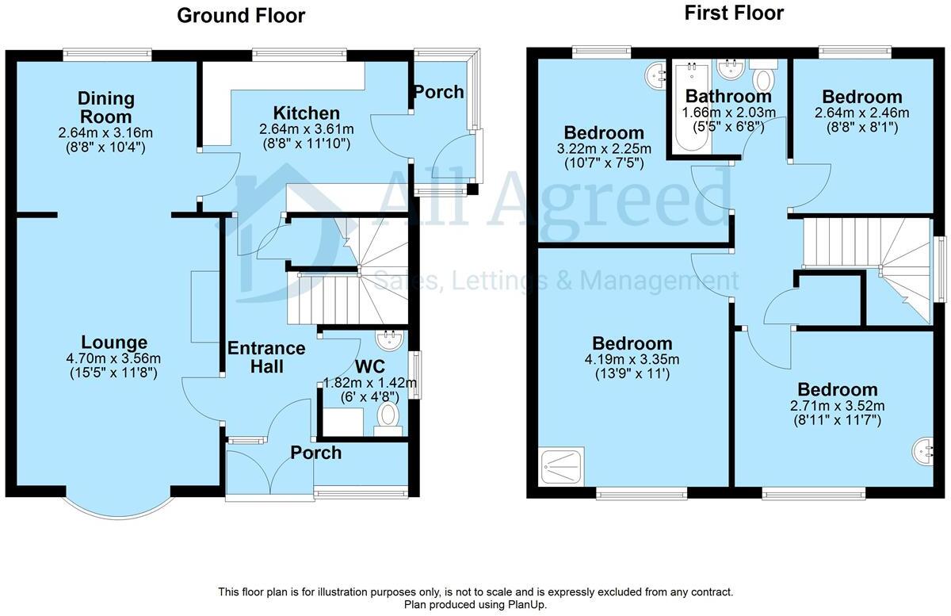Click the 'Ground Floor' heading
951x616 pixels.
(240, 15)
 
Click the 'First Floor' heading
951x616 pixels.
(734, 13)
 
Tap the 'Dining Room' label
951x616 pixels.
(106, 108)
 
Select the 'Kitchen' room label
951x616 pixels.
(306, 113)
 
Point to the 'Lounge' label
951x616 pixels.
(114, 342)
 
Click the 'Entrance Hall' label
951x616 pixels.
(265, 357)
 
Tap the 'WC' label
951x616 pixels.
(370, 366)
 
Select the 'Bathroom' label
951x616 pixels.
(728, 97)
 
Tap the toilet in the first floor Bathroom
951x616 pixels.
(764, 77)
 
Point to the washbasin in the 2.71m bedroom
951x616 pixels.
(924, 451)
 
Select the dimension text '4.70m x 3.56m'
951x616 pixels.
(114, 358)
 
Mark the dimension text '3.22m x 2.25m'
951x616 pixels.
(604, 148)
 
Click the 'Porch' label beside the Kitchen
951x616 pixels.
(439, 92)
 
